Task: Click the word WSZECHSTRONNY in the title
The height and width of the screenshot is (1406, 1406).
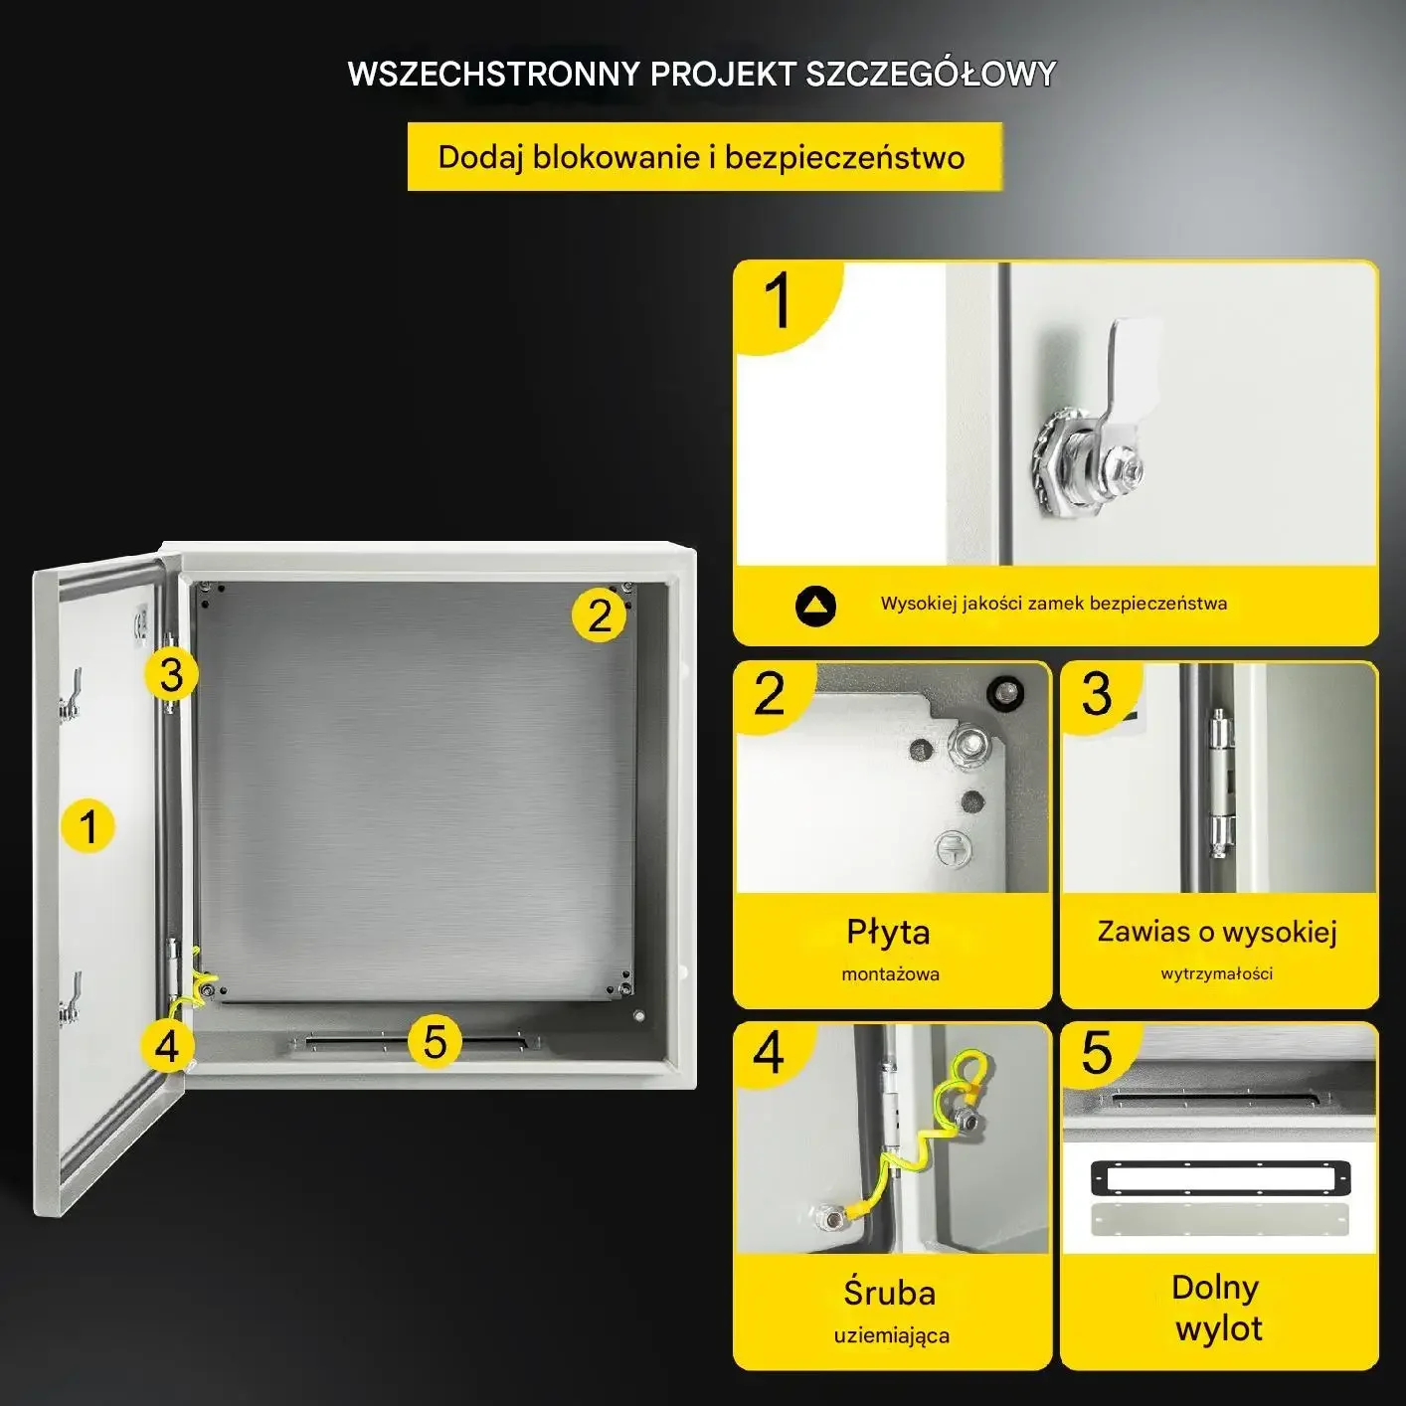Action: [494, 74]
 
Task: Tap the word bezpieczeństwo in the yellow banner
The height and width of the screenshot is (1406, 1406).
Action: [845, 158]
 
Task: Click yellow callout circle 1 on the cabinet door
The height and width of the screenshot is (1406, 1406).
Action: [88, 826]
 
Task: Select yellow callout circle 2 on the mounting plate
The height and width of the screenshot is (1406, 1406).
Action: [599, 615]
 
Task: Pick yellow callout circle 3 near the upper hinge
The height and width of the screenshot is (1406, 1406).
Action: [171, 674]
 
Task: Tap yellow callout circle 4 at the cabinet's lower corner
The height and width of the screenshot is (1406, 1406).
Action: [167, 1046]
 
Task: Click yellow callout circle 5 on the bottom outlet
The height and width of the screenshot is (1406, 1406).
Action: [435, 1041]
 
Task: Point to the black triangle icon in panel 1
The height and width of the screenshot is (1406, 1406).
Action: [815, 606]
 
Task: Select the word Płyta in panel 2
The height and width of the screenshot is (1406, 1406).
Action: [888, 933]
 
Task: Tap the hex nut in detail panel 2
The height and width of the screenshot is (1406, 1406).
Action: [968, 744]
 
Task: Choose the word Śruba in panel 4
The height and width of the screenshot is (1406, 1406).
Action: [889, 1293]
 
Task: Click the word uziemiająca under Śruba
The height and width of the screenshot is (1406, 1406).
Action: [892, 1336]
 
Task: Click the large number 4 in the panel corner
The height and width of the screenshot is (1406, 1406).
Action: [769, 1053]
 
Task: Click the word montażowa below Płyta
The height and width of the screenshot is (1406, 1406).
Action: [890, 974]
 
